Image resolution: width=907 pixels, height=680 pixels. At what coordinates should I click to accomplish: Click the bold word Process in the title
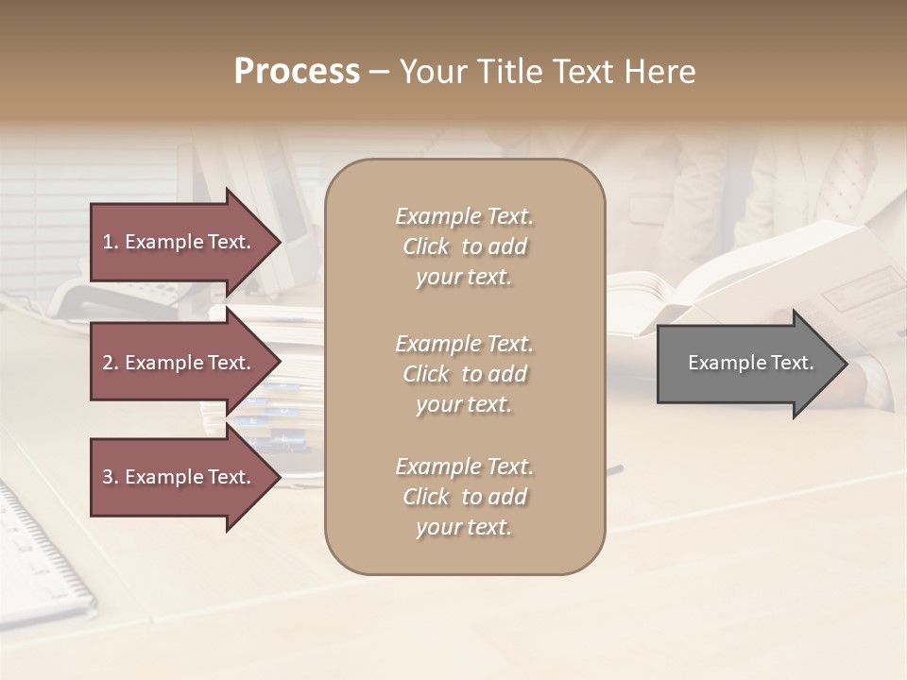click(x=297, y=72)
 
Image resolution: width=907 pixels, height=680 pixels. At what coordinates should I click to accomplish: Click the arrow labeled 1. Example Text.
click(x=180, y=242)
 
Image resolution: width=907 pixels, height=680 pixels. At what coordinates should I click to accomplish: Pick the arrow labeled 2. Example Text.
click(x=180, y=363)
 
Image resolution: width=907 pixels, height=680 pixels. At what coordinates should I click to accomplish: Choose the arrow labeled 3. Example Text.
click(x=180, y=477)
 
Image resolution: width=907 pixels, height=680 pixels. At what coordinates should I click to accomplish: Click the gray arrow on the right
click(x=746, y=364)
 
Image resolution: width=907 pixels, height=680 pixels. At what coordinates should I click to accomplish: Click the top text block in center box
click(x=464, y=246)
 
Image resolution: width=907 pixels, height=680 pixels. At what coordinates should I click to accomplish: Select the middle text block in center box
click(x=464, y=374)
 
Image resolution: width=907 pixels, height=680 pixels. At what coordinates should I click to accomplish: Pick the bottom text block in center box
click(x=464, y=497)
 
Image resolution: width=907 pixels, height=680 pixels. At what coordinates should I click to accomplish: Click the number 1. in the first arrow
click(x=111, y=242)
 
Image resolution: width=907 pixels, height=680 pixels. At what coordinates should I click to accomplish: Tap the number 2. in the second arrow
click(x=111, y=363)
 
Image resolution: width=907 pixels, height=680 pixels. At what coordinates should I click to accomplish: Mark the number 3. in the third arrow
click(x=111, y=477)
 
